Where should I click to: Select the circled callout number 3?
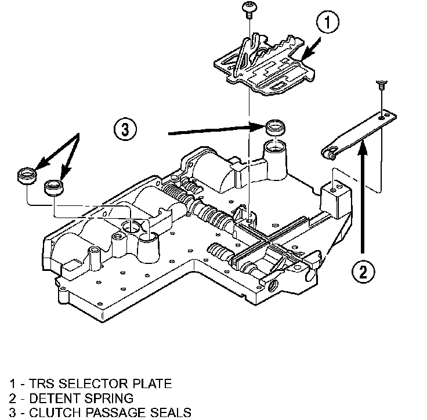125,129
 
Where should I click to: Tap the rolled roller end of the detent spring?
328,154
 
